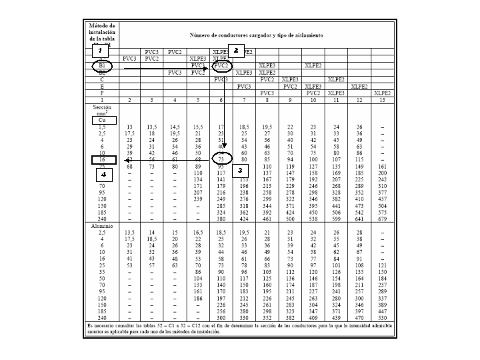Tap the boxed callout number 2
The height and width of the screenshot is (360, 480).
[x=235, y=50]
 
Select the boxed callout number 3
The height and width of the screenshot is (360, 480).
[x=238, y=171]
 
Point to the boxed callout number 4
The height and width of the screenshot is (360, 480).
[x=103, y=173]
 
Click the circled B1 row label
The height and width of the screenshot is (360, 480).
[x=102, y=65]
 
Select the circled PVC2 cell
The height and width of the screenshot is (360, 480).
[x=222, y=65]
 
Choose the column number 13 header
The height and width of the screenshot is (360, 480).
[x=382, y=99]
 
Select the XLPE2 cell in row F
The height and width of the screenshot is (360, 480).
[x=382, y=93]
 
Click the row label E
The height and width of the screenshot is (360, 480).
[x=102, y=86]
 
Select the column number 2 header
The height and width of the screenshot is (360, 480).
[x=129, y=99]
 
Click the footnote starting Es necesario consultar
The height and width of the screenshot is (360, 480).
[x=240, y=327]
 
